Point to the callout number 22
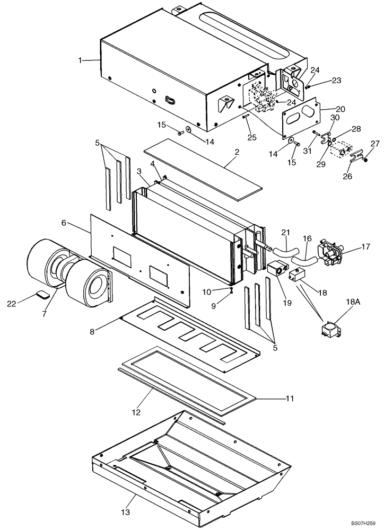(12, 303)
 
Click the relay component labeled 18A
(329, 330)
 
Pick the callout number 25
(252, 137)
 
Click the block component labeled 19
(277, 269)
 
